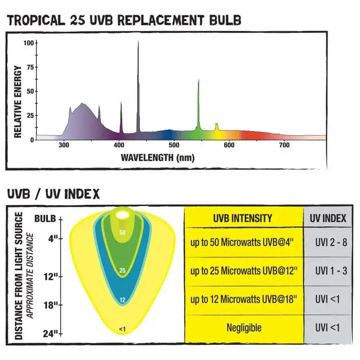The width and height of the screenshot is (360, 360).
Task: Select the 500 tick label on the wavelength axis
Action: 174,146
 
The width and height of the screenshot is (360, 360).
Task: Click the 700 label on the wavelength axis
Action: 284,146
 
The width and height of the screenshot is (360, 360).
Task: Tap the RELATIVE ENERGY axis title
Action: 18,102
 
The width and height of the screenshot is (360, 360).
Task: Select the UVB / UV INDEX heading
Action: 54,194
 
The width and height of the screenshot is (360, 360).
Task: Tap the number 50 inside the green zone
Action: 123,232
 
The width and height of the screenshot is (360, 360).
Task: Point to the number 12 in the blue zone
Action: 123,300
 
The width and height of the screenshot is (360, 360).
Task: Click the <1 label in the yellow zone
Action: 122,329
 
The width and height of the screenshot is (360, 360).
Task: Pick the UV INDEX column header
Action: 328,218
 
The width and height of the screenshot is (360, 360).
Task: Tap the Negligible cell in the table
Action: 244,328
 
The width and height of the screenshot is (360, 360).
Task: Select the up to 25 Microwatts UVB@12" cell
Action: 244,271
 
